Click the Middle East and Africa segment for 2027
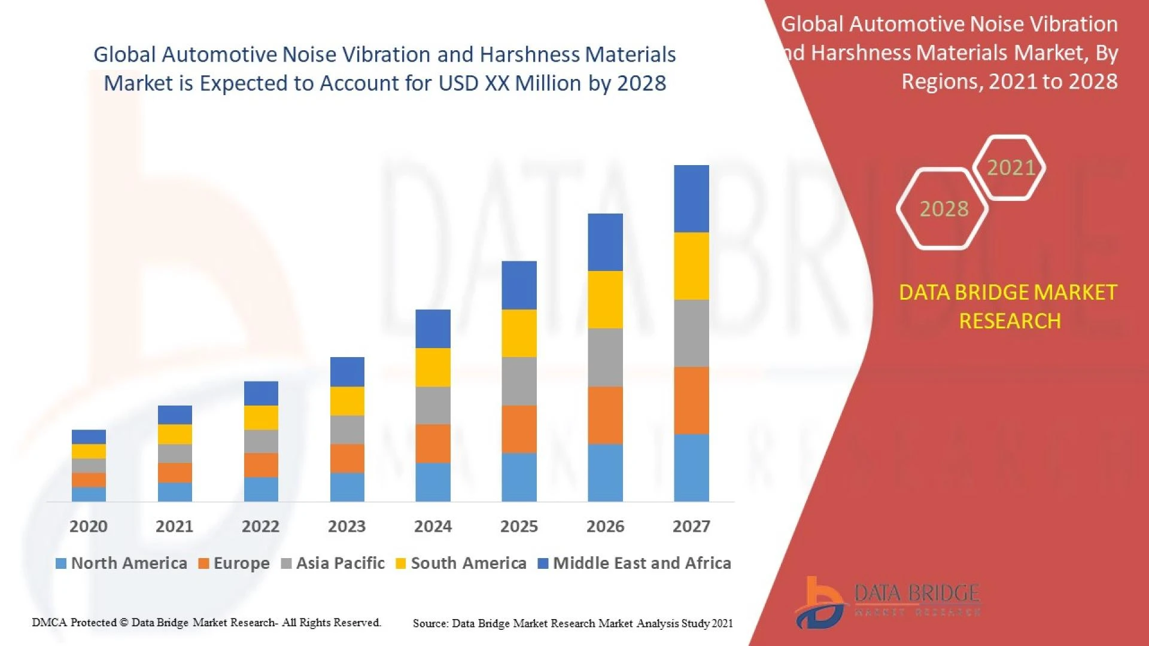point(691,199)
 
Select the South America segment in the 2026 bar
point(605,299)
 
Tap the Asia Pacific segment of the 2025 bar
point(519,381)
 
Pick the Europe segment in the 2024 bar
point(433,443)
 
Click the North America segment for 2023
point(347,487)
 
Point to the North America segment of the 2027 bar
point(691,467)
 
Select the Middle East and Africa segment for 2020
point(89,436)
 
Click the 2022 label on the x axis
point(260,526)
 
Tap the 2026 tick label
point(605,526)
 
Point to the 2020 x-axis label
point(89,526)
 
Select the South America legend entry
point(461,563)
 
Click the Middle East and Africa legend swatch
point(543,563)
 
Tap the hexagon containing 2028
point(943,209)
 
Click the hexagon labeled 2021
point(1010,167)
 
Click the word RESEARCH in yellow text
point(1010,321)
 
